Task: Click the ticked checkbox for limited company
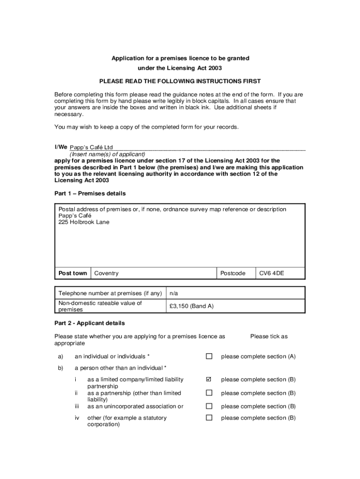coord(209,379)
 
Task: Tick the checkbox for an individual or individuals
coord(209,356)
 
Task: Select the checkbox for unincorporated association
coord(209,406)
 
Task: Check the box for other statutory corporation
coord(209,418)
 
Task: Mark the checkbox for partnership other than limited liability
coord(209,393)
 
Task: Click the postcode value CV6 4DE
coord(272,273)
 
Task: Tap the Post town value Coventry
coord(106,273)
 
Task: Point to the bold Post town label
coord(72,273)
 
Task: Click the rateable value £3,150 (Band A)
coord(191,306)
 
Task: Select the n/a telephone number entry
coord(174,293)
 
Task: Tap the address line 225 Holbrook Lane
coord(84,222)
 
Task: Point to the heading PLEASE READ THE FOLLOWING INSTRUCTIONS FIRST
coord(180,81)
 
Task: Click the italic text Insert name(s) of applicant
coord(108,154)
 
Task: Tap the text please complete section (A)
coord(258,356)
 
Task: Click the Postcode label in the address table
coord(232,273)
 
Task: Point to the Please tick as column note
coord(269,336)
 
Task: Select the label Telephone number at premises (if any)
coord(110,293)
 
